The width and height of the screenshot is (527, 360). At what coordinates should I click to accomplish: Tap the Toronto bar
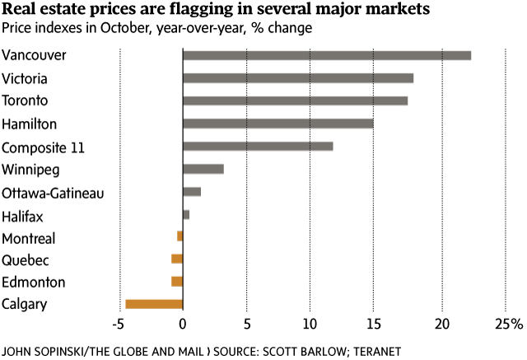(295, 101)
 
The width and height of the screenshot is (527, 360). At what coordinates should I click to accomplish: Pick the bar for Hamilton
(277, 124)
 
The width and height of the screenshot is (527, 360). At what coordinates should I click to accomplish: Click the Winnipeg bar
(203, 169)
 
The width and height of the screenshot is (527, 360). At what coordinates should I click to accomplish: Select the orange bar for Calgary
(154, 304)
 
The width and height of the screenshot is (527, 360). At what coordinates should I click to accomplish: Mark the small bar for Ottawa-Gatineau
(192, 191)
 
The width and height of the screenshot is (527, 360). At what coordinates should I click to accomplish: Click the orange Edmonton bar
(177, 282)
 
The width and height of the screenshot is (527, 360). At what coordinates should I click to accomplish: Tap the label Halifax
(22, 216)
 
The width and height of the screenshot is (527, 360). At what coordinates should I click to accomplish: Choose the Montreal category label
(29, 239)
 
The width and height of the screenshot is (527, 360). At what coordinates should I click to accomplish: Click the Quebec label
(26, 260)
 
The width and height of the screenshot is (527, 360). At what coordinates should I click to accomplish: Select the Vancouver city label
(34, 56)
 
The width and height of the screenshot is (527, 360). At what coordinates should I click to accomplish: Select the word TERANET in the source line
(375, 351)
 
